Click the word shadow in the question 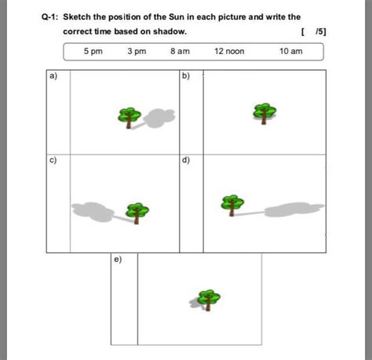click(x=170, y=32)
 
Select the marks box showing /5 click(x=314, y=32)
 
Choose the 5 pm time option click(x=93, y=51)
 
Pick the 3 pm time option click(x=136, y=51)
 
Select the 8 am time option click(x=180, y=51)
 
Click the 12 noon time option click(x=229, y=51)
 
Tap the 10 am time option click(x=290, y=51)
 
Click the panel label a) click(x=53, y=76)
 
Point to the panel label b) click(x=185, y=76)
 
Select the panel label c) click(x=53, y=160)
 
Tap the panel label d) click(x=185, y=160)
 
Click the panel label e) click(x=118, y=259)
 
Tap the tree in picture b click(x=264, y=113)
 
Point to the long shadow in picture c click(x=94, y=209)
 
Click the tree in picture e click(x=208, y=300)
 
